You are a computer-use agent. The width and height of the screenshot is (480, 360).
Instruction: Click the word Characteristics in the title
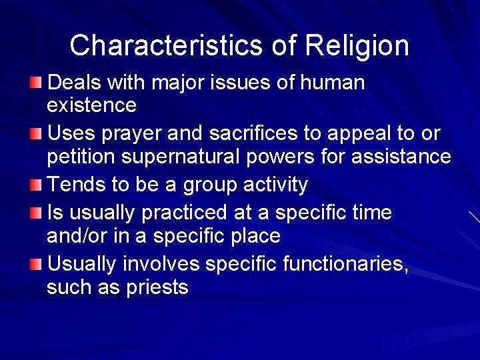point(167,45)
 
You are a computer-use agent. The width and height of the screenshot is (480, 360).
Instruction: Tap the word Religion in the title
point(357,45)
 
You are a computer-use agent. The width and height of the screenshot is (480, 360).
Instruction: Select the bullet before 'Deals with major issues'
point(35,83)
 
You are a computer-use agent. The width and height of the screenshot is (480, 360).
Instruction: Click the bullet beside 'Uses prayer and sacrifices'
point(35,134)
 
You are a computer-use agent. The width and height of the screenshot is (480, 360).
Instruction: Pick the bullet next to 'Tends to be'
point(35,185)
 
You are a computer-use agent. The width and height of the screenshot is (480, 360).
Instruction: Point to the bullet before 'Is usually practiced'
point(35,213)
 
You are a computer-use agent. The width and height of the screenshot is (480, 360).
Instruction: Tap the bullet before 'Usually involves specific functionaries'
point(35,264)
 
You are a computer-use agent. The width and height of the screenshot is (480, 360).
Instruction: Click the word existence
point(91,105)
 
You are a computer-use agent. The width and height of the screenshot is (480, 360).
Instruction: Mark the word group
point(198,185)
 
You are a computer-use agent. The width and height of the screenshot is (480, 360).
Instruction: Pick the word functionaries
point(343,264)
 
